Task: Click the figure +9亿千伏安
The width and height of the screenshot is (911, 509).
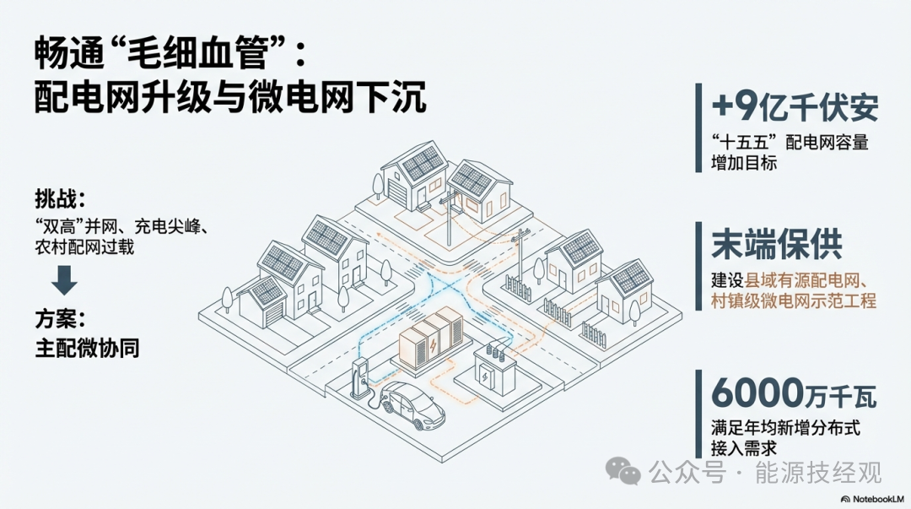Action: [x=795, y=108]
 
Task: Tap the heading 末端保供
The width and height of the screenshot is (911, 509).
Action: [x=776, y=245]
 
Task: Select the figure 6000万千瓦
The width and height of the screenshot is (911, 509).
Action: [x=794, y=391]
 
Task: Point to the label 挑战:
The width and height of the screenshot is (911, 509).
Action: [x=61, y=201]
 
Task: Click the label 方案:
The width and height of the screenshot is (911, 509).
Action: [x=61, y=319]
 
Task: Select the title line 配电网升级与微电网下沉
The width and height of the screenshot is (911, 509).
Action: [x=230, y=99]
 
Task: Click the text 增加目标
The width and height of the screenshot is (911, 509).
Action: [x=744, y=163]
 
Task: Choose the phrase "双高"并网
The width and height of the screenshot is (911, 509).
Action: [x=71, y=228]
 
